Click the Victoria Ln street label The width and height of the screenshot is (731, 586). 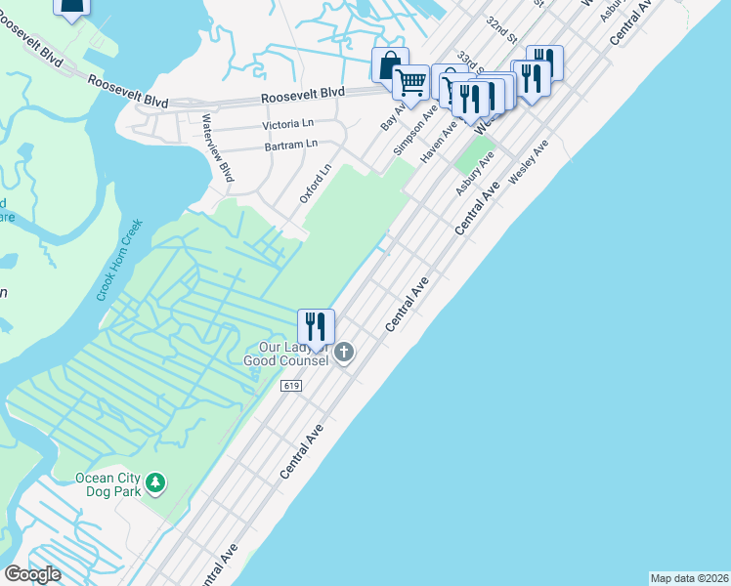[x=288, y=126]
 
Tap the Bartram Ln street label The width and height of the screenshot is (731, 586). [x=291, y=145]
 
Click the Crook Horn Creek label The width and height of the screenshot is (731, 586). [x=120, y=260]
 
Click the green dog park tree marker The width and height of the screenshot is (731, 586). [x=155, y=482]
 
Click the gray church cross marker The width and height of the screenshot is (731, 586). [x=343, y=353]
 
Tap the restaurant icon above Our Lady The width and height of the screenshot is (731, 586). [x=316, y=326]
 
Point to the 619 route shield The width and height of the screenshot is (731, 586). [x=290, y=387]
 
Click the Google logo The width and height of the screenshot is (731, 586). [x=32, y=574]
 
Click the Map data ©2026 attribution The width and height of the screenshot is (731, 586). [x=689, y=577]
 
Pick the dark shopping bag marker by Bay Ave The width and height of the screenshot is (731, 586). [x=389, y=65]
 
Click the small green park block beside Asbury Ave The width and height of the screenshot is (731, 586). [x=476, y=154]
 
